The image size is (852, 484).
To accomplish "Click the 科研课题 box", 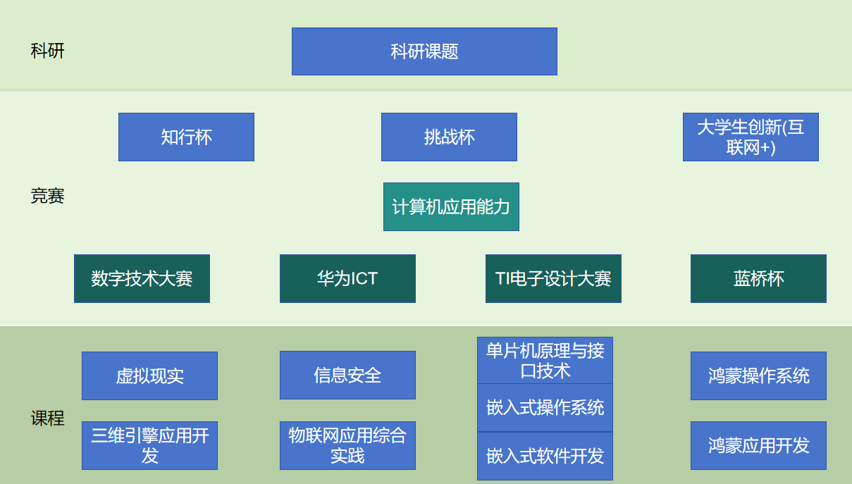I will [x=424, y=51].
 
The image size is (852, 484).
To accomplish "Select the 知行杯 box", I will [x=186, y=137].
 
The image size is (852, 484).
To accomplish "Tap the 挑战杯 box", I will [x=449, y=137].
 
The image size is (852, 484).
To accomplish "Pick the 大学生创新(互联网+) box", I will [x=751, y=137].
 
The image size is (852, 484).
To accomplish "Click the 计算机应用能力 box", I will [x=451, y=206].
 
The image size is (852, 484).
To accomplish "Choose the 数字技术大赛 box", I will [x=142, y=278].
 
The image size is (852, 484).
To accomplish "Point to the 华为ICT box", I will [x=347, y=278].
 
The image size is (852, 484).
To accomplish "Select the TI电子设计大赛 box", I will [x=553, y=278].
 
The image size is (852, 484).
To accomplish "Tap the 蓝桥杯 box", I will [x=758, y=278].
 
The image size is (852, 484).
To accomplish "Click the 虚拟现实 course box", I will [x=149, y=376].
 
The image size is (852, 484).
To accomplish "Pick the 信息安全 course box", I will [x=347, y=375].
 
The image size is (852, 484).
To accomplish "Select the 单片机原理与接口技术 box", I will [x=545, y=360].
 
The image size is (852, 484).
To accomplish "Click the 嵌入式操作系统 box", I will [x=545, y=407].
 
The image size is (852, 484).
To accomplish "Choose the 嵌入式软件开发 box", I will [x=545, y=456].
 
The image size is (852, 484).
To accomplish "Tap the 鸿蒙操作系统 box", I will [x=758, y=376].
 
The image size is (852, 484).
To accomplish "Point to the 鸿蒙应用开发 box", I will [x=758, y=445].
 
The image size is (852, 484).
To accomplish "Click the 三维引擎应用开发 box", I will [x=149, y=445].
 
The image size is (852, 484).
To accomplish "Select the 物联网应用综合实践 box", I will [x=347, y=445].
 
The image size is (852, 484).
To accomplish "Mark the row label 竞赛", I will [x=47, y=196].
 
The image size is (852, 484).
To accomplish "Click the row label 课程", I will [x=47, y=418].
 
